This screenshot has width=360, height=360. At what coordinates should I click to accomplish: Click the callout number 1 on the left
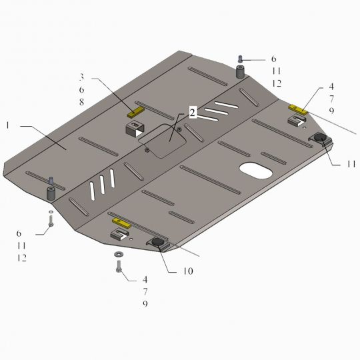pyautogui.click(x=8, y=125)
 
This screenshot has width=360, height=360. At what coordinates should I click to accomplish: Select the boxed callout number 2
pyautogui.click(x=192, y=113)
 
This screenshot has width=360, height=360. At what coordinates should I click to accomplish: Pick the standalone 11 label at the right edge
pyautogui.click(x=350, y=163)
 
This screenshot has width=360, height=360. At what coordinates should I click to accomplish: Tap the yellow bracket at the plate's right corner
pyautogui.click(x=297, y=109)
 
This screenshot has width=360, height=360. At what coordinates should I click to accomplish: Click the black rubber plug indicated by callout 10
pyautogui.click(x=159, y=243)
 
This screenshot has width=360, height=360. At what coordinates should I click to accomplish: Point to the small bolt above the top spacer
pyautogui.click(x=241, y=59)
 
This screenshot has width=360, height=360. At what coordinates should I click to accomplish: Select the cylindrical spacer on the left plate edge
pyautogui.click(x=51, y=193)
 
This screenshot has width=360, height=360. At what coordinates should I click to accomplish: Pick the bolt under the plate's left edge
pyautogui.click(x=51, y=221)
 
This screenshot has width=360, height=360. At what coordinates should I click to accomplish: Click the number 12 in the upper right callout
pyautogui.click(x=276, y=83)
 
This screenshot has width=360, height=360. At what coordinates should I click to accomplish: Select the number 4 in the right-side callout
pyautogui.click(x=331, y=87)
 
